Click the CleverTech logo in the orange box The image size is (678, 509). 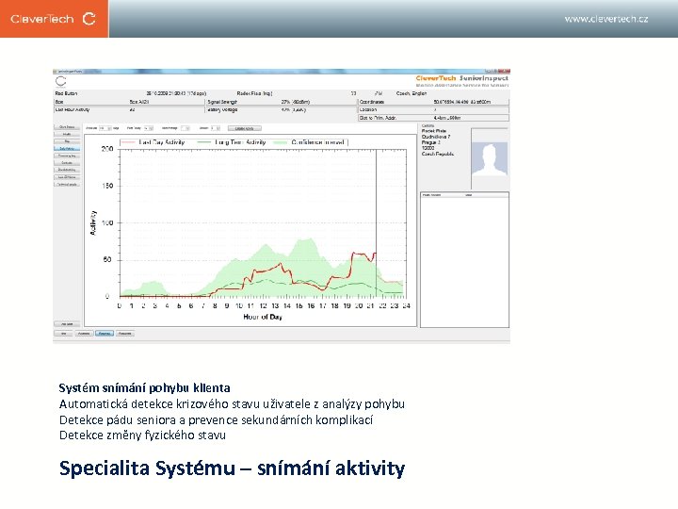pos(54,18)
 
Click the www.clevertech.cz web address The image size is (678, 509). pos(605,19)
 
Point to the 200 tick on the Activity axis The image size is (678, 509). pos(106,149)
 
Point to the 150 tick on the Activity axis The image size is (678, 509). pos(106,186)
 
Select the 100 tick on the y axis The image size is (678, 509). pos(106,222)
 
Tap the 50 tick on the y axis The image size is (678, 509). pos(108,259)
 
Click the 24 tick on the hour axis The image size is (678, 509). pos(406,305)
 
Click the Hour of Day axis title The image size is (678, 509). pos(263,318)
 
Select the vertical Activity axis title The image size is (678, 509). pos(93,222)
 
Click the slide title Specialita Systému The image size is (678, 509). pos(232,468)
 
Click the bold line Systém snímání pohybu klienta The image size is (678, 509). pos(144,387)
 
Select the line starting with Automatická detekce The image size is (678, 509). pos(232,403)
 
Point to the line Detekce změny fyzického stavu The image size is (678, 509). pos(142,435)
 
